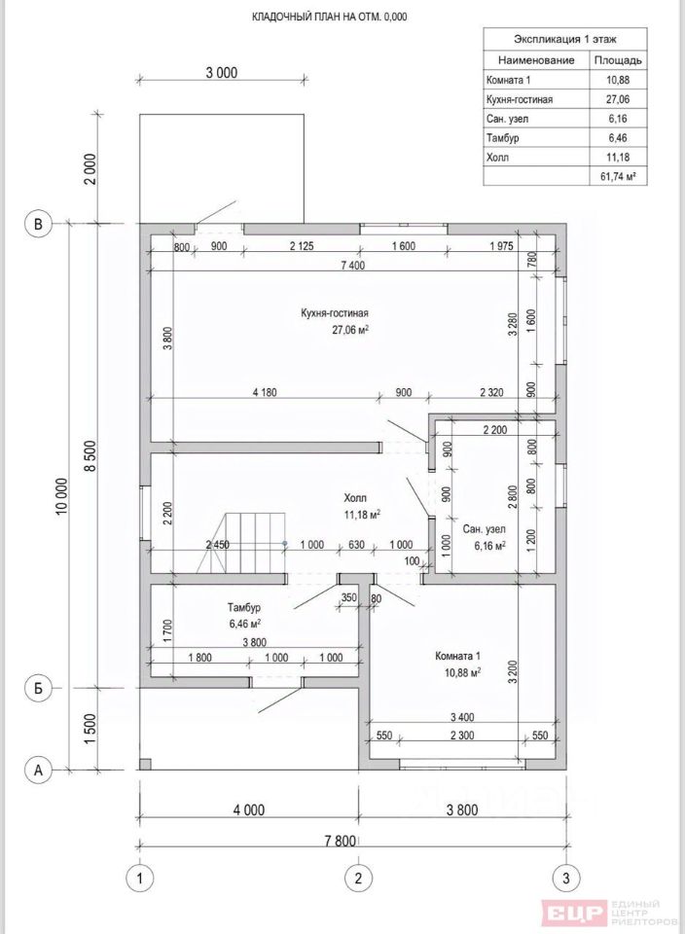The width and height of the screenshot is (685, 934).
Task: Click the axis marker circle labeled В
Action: coord(39,224)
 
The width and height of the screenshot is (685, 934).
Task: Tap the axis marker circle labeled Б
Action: coord(39,688)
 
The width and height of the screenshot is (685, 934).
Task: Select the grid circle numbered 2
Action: coord(358,878)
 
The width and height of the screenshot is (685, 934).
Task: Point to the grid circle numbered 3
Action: coord(565,878)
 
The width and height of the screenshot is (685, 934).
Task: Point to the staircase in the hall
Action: coord(240,543)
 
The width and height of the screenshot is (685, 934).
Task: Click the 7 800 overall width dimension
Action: coord(341,841)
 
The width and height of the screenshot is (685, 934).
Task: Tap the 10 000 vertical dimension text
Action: coord(62,497)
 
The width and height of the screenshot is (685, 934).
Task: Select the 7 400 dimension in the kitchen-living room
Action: coord(352,266)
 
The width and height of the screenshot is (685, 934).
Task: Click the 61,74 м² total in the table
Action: coord(620,176)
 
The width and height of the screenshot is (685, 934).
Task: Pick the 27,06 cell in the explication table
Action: coord(618,99)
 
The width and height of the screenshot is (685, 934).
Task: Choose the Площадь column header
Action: coord(618,60)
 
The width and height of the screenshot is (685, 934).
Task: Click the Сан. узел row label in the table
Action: coord(507,119)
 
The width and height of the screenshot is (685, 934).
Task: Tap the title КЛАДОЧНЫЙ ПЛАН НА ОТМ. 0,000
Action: coord(330,17)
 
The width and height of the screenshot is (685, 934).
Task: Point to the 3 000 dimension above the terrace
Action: coord(222,73)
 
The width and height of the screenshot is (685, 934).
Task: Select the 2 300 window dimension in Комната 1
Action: coord(461,736)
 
